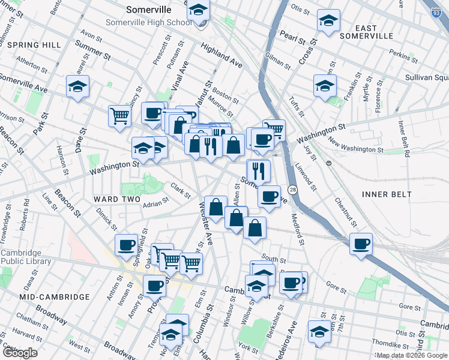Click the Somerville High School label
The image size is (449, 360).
(x=148, y=22)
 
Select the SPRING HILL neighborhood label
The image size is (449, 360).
(x=35, y=45)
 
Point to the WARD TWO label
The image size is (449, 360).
(x=116, y=199)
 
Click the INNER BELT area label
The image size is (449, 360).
(x=387, y=194)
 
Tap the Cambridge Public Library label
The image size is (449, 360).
(x=21, y=257)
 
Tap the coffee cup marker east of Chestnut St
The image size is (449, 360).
(x=361, y=244)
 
